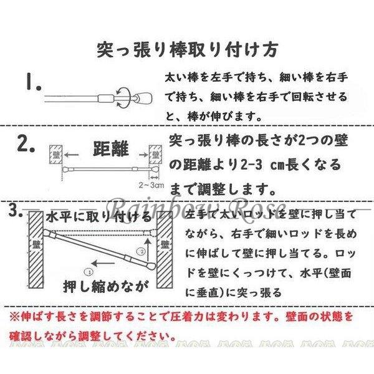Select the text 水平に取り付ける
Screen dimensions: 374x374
point(100,218)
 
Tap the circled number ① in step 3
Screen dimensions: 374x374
point(89,272)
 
